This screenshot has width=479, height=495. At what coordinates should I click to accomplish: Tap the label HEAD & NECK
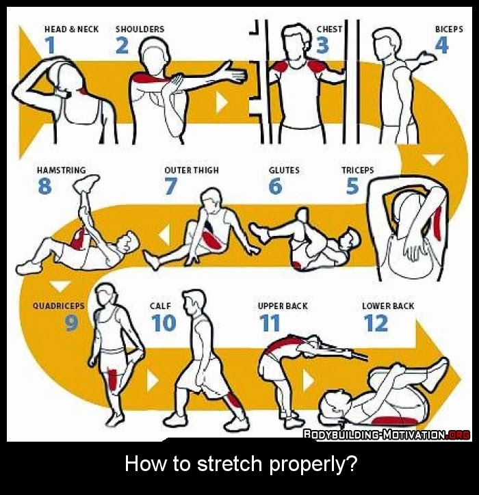pyautogui.click(x=71, y=29)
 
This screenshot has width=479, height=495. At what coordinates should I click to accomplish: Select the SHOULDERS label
pyautogui.click(x=140, y=29)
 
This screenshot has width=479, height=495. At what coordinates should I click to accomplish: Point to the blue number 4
pyautogui.click(x=442, y=45)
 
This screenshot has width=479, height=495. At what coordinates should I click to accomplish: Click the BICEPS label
pyautogui.click(x=449, y=29)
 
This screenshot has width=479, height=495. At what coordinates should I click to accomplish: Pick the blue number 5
pyautogui.click(x=352, y=186)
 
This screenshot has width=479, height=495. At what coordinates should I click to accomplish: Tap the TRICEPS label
pyautogui.click(x=357, y=170)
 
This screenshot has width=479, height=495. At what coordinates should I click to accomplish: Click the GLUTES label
pyautogui.click(x=284, y=170)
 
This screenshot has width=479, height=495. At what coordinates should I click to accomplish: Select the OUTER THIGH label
pyautogui.click(x=192, y=170)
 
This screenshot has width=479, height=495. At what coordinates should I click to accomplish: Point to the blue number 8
pyautogui.click(x=44, y=186)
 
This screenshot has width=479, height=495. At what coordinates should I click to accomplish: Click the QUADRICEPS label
pyautogui.click(x=58, y=306)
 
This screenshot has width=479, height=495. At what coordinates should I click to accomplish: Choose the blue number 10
pyautogui.click(x=164, y=322)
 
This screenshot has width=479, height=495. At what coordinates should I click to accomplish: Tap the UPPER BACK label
pyautogui.click(x=283, y=306)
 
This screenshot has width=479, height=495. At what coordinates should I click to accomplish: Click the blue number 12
pyautogui.click(x=376, y=322)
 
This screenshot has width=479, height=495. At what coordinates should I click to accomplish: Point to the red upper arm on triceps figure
pyautogui.click(x=437, y=220)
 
